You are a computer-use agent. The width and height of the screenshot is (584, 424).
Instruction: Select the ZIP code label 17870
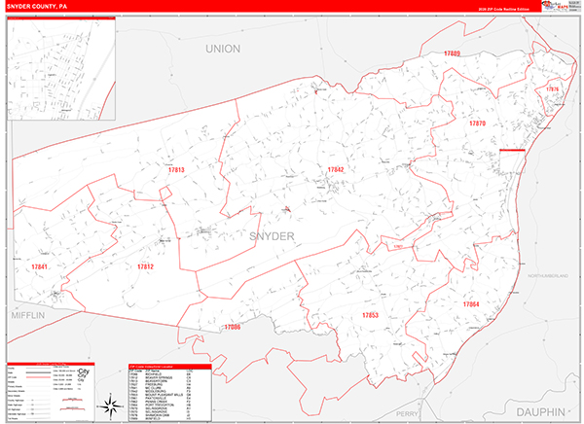click(477, 124)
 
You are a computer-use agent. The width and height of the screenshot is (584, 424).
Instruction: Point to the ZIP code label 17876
click(553, 89)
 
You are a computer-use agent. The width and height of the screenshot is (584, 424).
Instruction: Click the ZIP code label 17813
click(175, 171)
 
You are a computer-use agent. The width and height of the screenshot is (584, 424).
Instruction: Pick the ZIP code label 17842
click(336, 170)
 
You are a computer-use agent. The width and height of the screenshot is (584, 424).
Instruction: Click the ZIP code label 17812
click(145, 266)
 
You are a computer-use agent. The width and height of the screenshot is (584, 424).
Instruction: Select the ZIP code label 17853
click(369, 316)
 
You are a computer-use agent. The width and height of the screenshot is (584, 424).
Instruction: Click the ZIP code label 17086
click(232, 328)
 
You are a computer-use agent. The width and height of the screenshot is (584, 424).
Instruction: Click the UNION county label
click(223, 48)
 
